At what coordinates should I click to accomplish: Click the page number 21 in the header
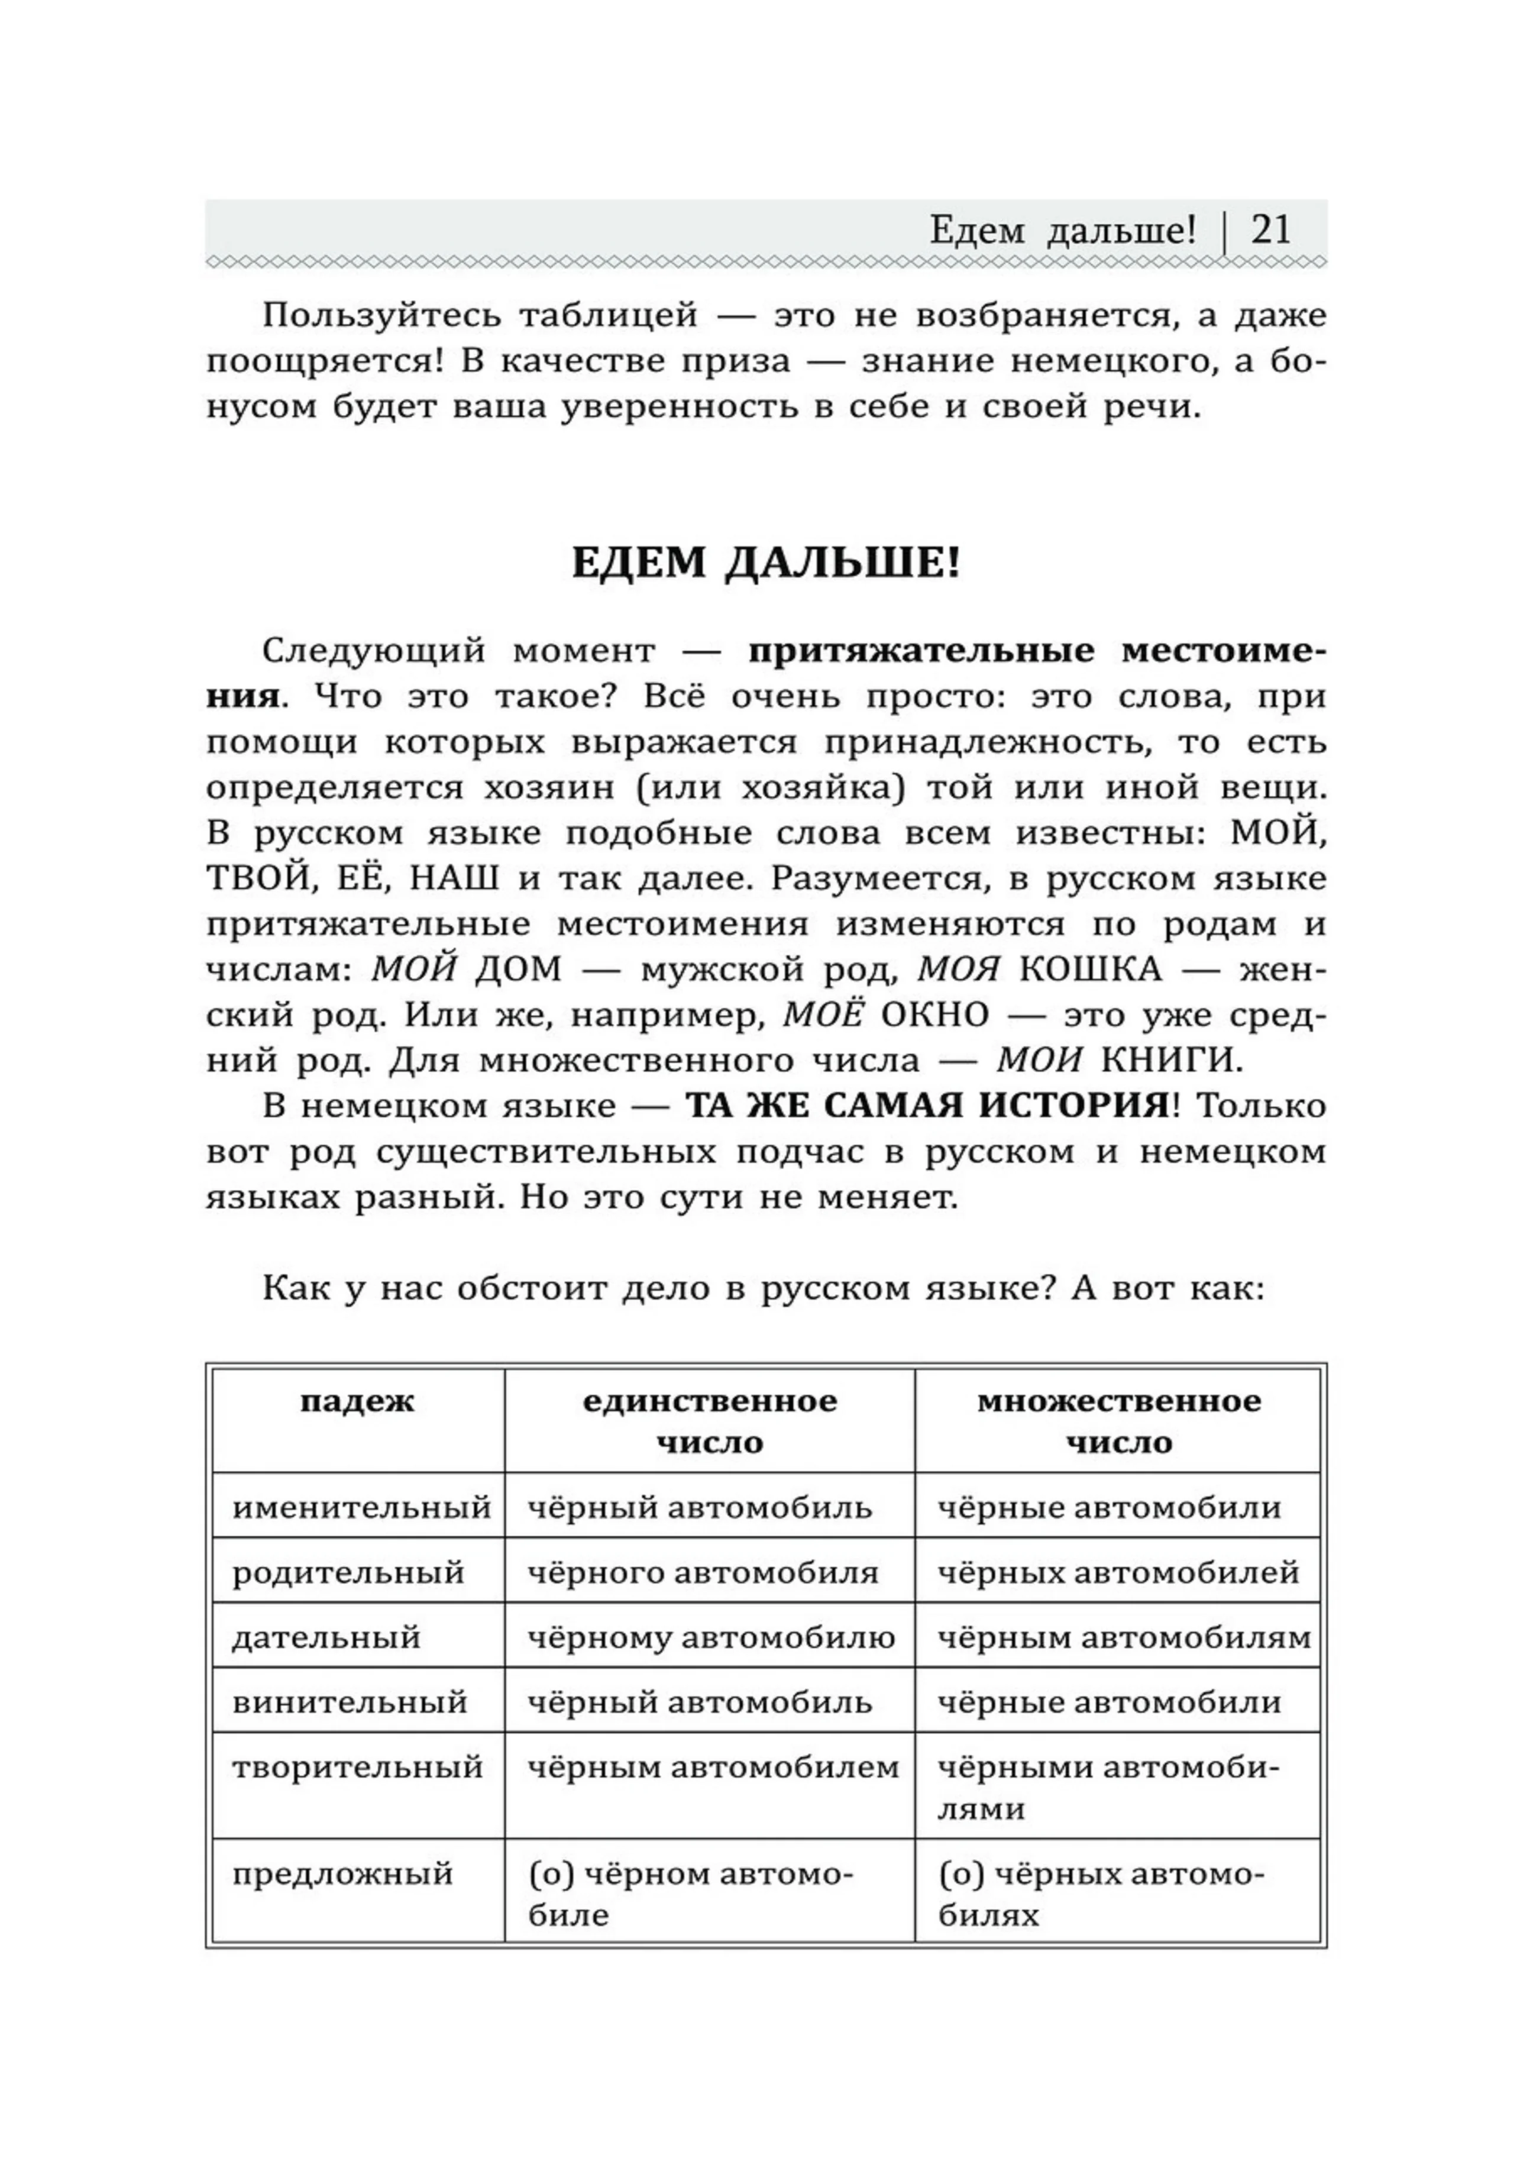click(x=1270, y=230)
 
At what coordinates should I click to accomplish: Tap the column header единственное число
click(x=709, y=1420)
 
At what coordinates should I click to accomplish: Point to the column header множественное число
click(x=1118, y=1420)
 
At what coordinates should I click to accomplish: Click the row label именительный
click(x=361, y=1507)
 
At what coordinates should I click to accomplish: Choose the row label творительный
click(x=357, y=1767)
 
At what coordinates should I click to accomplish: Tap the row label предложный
click(x=342, y=1873)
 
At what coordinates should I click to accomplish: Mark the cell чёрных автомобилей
click(x=1118, y=1572)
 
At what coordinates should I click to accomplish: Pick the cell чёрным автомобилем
click(x=713, y=1767)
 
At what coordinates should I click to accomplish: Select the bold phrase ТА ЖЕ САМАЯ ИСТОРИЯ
click(x=927, y=1106)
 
